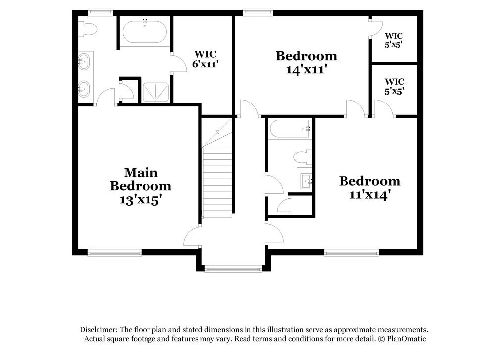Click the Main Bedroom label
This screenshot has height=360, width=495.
click(141, 179)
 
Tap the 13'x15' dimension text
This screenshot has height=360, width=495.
click(141, 200)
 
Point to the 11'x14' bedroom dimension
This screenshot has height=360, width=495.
click(369, 195)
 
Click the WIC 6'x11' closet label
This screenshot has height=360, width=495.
click(205, 58)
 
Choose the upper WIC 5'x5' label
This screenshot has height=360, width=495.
click(394, 40)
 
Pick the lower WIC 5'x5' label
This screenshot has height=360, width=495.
click(395, 86)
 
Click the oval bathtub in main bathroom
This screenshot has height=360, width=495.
click(145, 32)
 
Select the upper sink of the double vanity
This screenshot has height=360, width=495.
click(85, 62)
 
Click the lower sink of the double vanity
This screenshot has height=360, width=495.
click(85, 89)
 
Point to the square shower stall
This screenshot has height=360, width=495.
click(155, 92)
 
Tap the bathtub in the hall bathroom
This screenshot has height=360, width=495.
click(290, 129)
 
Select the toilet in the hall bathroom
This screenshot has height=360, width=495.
click(302, 158)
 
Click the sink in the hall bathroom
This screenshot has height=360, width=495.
click(305, 179)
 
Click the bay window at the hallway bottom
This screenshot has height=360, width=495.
click(233, 269)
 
